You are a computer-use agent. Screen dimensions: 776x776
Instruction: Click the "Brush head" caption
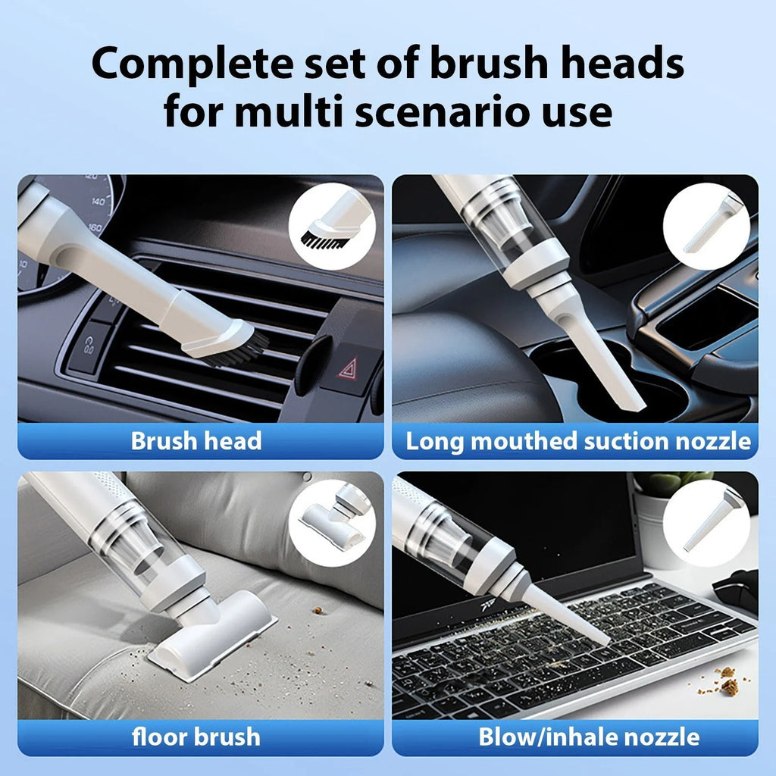point(196,441)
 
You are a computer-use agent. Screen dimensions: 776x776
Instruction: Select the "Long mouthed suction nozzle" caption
point(578,441)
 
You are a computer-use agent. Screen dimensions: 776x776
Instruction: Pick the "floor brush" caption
point(196,736)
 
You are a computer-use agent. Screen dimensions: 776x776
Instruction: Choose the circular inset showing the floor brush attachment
point(332,522)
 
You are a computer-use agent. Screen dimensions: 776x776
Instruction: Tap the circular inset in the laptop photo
point(706,523)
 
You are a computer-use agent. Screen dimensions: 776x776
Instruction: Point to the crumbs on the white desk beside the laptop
point(727,683)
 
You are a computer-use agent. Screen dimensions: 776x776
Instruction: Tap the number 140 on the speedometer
point(99,202)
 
